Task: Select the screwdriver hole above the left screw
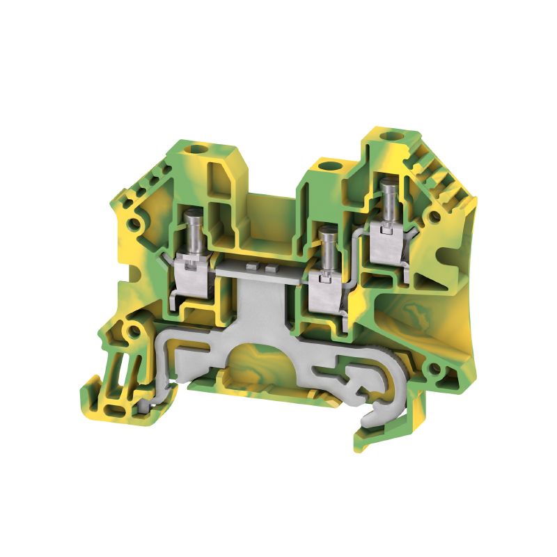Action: [x=204, y=148]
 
